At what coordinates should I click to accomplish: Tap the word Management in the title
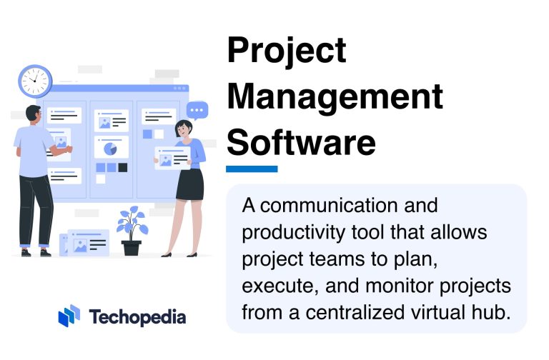click(335, 96)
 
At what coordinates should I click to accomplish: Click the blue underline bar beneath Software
click(252, 169)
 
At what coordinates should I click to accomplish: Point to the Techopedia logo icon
click(69, 316)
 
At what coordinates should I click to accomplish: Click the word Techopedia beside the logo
click(138, 316)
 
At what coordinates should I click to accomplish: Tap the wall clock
click(35, 81)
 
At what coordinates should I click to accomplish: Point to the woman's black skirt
click(190, 184)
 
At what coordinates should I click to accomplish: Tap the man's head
click(33, 114)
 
